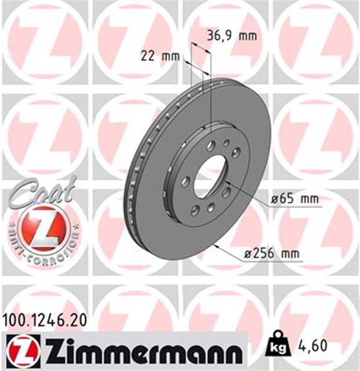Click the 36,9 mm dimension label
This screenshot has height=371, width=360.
[231, 36]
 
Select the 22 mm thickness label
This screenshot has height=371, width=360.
[160, 56]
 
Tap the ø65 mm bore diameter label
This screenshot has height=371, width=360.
[296, 199]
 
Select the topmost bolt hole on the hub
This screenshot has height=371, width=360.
[211, 145]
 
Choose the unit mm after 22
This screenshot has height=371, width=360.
[169, 56]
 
